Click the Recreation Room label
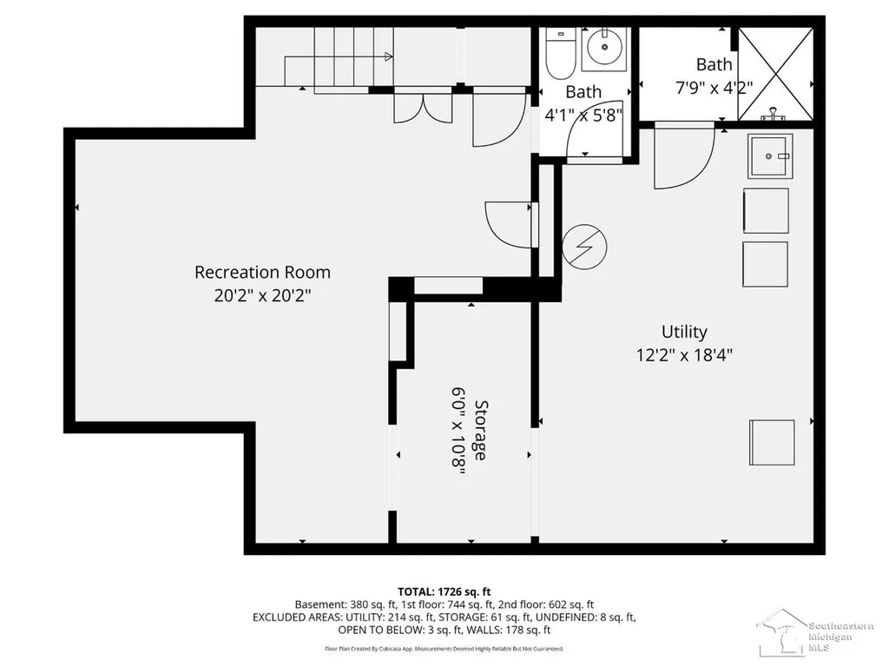pyautogui.click(x=262, y=272)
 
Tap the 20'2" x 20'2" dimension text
pyautogui.click(x=262, y=295)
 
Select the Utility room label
pyautogui.click(x=684, y=332)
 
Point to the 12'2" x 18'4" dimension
pyautogui.click(x=684, y=355)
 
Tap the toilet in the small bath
pyautogui.click(x=561, y=53)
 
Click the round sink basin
pyautogui.click(x=604, y=47)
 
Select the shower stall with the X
pyautogui.click(x=775, y=74)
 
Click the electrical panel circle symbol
pyautogui.click(x=584, y=247)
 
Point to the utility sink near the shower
pyautogui.click(x=769, y=156)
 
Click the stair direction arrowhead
pyautogui.click(x=389, y=56)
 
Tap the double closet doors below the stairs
pyautogui.click(x=423, y=108)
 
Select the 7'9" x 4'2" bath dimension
pyautogui.click(x=714, y=88)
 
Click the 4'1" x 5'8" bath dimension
pyautogui.click(x=583, y=116)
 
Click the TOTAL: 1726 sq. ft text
pyautogui.click(x=444, y=592)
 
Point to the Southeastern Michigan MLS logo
pyautogui.click(x=814, y=633)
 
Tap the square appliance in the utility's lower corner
pyautogui.click(x=772, y=442)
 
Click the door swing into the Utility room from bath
pyautogui.click(x=684, y=155)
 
